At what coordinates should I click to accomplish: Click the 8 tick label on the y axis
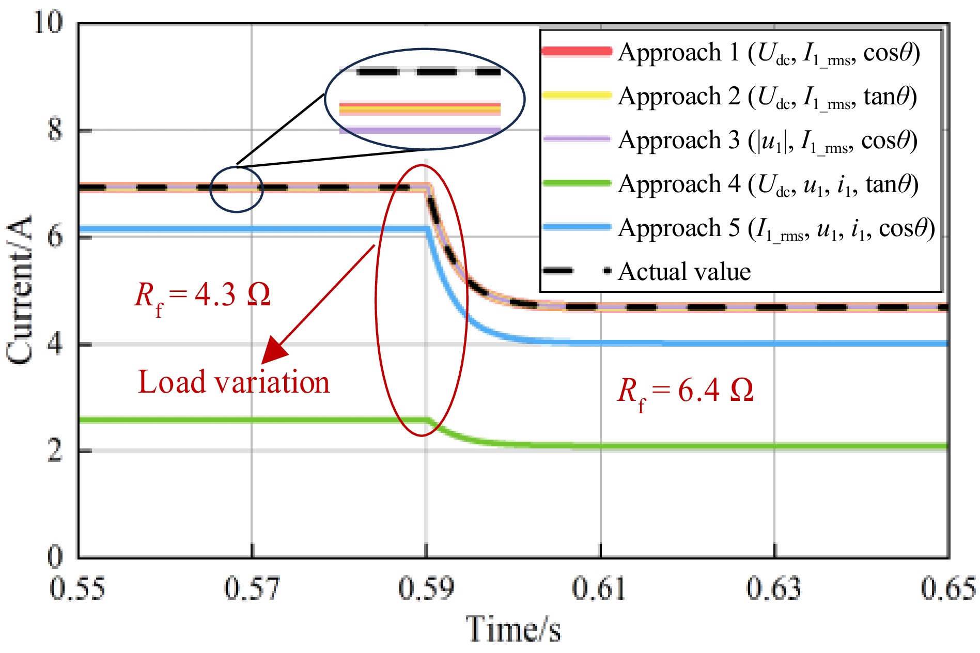[x=55, y=130]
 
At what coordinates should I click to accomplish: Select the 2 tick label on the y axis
[x=55, y=451]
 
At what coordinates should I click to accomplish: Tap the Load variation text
[x=234, y=383]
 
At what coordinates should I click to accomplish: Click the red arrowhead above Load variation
[x=274, y=351]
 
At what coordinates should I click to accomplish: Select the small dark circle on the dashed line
[x=237, y=189]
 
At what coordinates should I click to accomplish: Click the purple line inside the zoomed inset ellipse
[x=419, y=130]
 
